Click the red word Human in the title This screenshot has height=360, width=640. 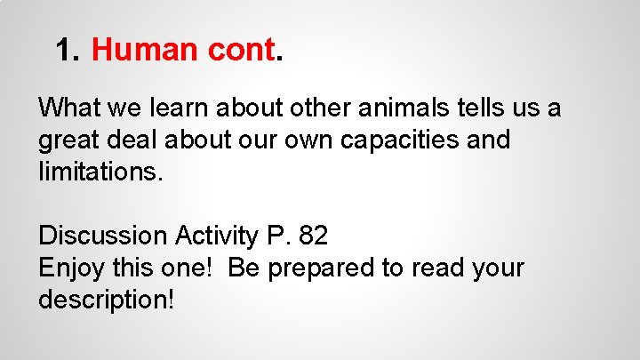click(x=141, y=50)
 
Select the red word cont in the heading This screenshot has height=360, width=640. click(x=238, y=50)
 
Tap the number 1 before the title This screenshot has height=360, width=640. click(x=64, y=50)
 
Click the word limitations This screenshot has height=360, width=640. click(x=100, y=172)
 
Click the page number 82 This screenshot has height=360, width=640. click(x=314, y=236)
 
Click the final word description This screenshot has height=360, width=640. click(x=105, y=300)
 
